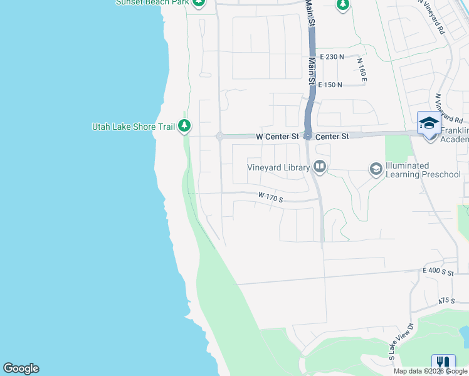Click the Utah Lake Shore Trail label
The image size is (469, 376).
pyautogui.click(x=133, y=127)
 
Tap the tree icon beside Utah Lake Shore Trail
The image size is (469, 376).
pyautogui.click(x=184, y=127)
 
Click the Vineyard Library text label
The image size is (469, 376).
pyautogui.click(x=278, y=167)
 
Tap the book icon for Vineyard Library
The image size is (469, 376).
pyautogui.click(x=320, y=167)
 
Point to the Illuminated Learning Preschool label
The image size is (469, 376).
pyautogui.click(x=423, y=170)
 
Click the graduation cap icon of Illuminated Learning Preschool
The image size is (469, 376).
pyautogui.click(x=376, y=169)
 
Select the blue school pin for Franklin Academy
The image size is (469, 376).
pyautogui.click(x=429, y=124)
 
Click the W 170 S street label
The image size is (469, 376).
pyautogui.click(x=271, y=197)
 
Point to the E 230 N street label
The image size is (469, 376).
pyautogui.click(x=332, y=56)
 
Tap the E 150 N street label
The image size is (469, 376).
pyautogui.click(x=330, y=85)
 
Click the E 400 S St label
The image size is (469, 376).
pyautogui.click(x=438, y=271)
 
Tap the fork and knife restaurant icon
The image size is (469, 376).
pyautogui.click(x=443, y=363)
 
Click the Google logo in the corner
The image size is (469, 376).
pyautogui.click(x=21, y=368)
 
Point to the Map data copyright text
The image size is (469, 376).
pyautogui.click(x=431, y=371)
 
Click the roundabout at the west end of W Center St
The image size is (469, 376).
pyautogui.click(x=219, y=136)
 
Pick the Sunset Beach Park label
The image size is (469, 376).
pyautogui.click(x=152, y=2)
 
